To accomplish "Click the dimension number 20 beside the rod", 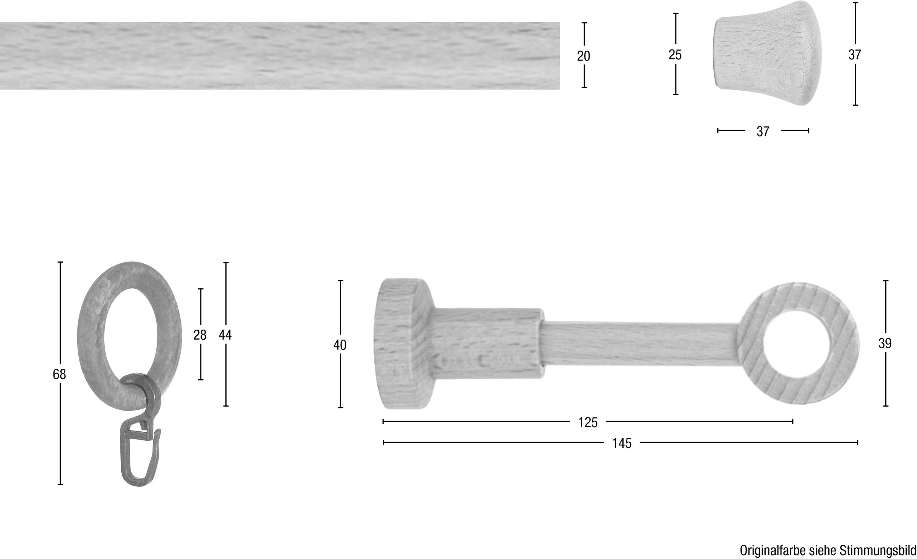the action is coord(583,56).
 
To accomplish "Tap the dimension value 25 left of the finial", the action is coord(675,55).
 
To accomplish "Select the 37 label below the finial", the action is coord(763,132).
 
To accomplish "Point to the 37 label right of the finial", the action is coord(855,55).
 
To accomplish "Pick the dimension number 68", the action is coord(60,374).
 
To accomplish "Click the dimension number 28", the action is coord(200,335).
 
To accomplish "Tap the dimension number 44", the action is coord(225,335).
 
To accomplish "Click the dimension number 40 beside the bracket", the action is coord(340,345).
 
